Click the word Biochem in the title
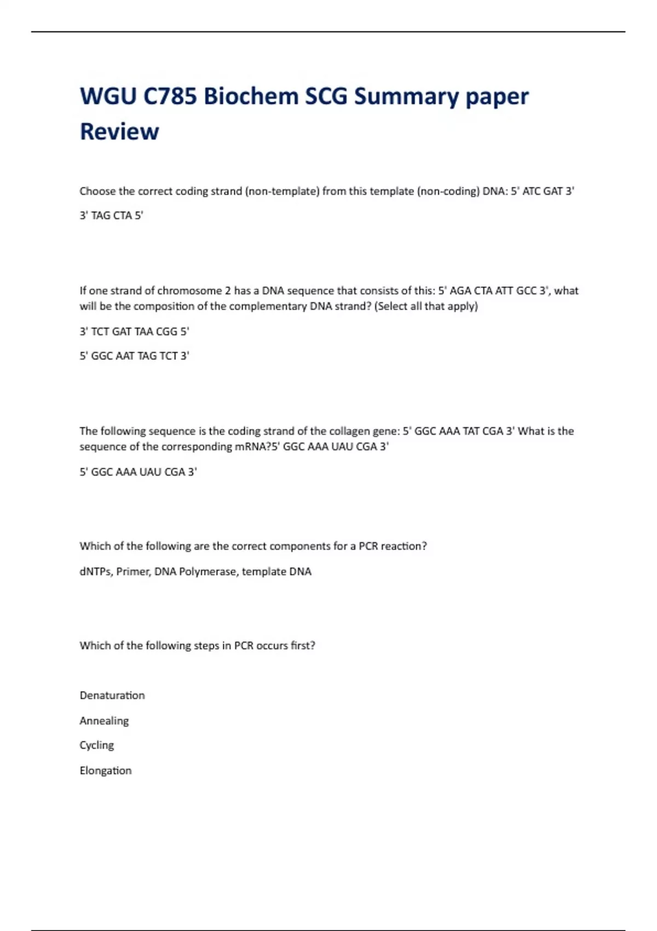click(250, 96)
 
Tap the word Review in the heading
click(119, 131)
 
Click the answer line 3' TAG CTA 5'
click(111, 215)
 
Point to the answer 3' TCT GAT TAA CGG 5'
click(134, 331)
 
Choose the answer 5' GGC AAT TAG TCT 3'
click(134, 356)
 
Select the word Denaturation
click(112, 696)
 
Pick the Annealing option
click(104, 721)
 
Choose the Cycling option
click(97, 745)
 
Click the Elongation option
click(106, 771)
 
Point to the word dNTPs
click(96, 572)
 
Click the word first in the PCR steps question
click(303, 646)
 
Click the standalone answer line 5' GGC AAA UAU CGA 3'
click(138, 472)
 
